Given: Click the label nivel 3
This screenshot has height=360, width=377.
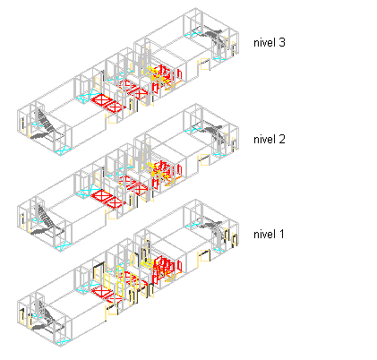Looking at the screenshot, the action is click(x=270, y=43).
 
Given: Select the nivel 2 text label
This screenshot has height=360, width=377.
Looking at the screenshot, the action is click(x=270, y=139).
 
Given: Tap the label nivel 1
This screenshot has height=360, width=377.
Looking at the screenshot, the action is click(x=269, y=235).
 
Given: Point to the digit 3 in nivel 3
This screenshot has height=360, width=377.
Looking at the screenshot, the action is click(x=282, y=43).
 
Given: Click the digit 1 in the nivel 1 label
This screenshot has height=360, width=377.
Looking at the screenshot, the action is click(x=281, y=235).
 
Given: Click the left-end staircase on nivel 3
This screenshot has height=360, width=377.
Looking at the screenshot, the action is click(x=47, y=126).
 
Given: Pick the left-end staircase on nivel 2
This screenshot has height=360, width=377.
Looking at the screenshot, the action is click(x=47, y=222).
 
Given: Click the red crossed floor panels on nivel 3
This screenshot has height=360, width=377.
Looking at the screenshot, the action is click(x=108, y=103).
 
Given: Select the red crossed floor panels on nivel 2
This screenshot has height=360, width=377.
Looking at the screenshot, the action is click(x=108, y=199).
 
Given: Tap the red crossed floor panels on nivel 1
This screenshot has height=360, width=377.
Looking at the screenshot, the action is click(x=105, y=293).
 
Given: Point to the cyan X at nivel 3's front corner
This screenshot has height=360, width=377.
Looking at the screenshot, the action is click(x=63, y=151).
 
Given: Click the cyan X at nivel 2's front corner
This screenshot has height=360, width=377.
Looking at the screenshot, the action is click(x=63, y=247).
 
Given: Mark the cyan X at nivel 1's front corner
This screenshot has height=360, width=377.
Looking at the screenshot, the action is click(x=63, y=342).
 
